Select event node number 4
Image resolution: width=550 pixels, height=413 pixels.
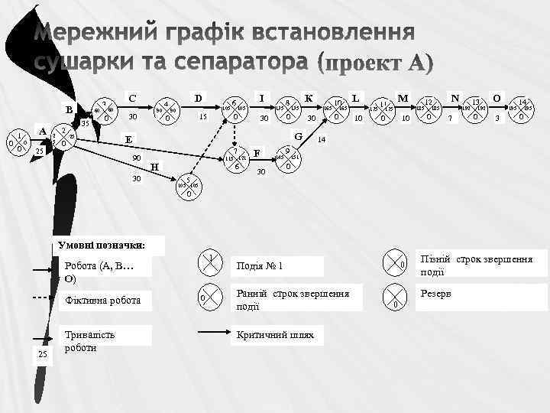(x=167, y=111)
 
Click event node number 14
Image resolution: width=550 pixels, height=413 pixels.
(x=522, y=109)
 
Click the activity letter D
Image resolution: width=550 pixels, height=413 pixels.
(x=199, y=98)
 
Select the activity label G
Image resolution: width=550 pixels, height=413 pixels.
(x=299, y=136)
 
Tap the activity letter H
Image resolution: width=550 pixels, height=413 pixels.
(x=155, y=167)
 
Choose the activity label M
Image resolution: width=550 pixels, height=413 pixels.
(x=402, y=98)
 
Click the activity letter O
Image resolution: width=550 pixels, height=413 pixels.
(x=497, y=98)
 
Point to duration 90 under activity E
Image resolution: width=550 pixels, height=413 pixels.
(x=137, y=157)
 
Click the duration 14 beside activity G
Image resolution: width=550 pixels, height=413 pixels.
(x=322, y=141)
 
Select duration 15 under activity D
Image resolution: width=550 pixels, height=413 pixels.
(x=202, y=117)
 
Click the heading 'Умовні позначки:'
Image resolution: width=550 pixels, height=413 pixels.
(x=103, y=246)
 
